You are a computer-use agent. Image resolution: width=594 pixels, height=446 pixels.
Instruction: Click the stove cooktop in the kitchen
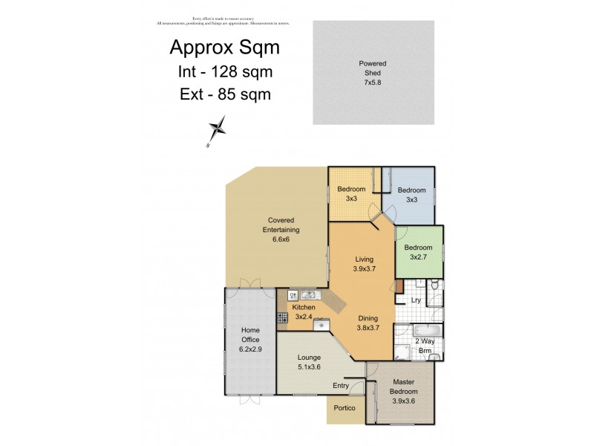[x=282, y=318]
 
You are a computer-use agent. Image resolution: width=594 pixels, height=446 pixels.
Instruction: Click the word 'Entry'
[x=340, y=385]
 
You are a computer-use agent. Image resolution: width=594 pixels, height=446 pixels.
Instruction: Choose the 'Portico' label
[x=344, y=408]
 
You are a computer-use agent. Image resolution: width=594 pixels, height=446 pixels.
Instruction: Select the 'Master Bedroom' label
[x=405, y=391]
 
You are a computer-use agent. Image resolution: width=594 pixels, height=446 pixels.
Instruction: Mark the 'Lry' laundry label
[x=417, y=300]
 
